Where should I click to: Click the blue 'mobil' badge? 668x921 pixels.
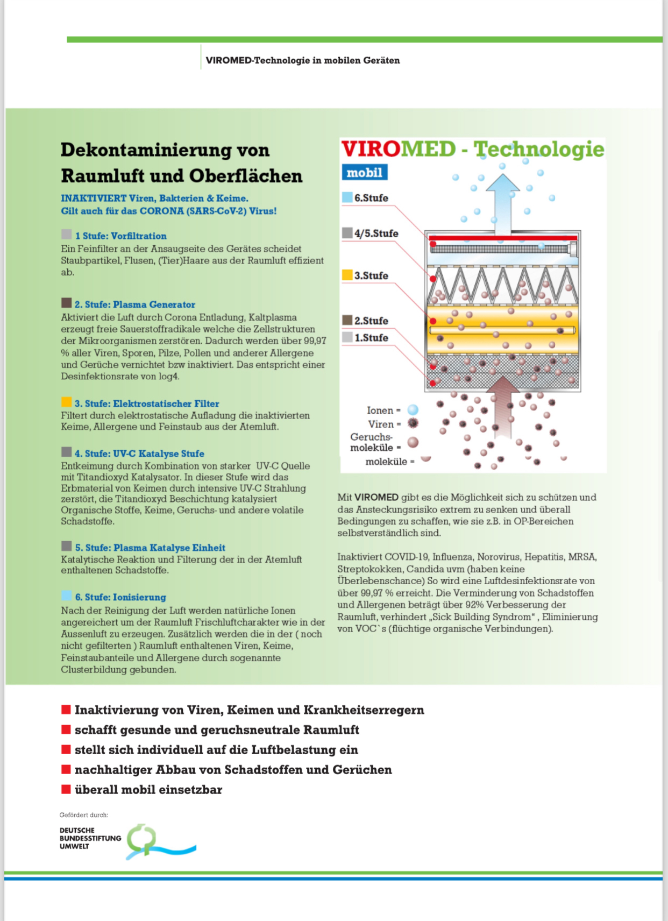point(364,173)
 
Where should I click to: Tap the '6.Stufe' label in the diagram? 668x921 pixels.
point(371,198)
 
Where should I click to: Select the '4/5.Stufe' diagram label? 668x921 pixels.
point(376,233)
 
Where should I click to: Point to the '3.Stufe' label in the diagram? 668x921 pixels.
point(371,275)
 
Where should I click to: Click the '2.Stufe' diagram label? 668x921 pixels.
point(371,321)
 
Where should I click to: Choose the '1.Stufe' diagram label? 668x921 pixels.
point(371,338)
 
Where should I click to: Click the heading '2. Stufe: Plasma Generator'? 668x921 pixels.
point(134,304)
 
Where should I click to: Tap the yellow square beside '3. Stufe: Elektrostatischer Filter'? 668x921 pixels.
point(66,402)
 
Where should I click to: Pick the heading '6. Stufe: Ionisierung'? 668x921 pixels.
point(120,597)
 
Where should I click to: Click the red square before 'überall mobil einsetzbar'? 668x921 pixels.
point(66,789)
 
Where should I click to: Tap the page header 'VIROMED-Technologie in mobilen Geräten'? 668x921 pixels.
point(303,60)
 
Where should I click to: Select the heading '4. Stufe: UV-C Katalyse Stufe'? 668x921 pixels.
point(139,454)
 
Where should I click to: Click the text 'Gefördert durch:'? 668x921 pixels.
point(83,815)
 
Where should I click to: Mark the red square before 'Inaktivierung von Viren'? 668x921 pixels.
point(66,710)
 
